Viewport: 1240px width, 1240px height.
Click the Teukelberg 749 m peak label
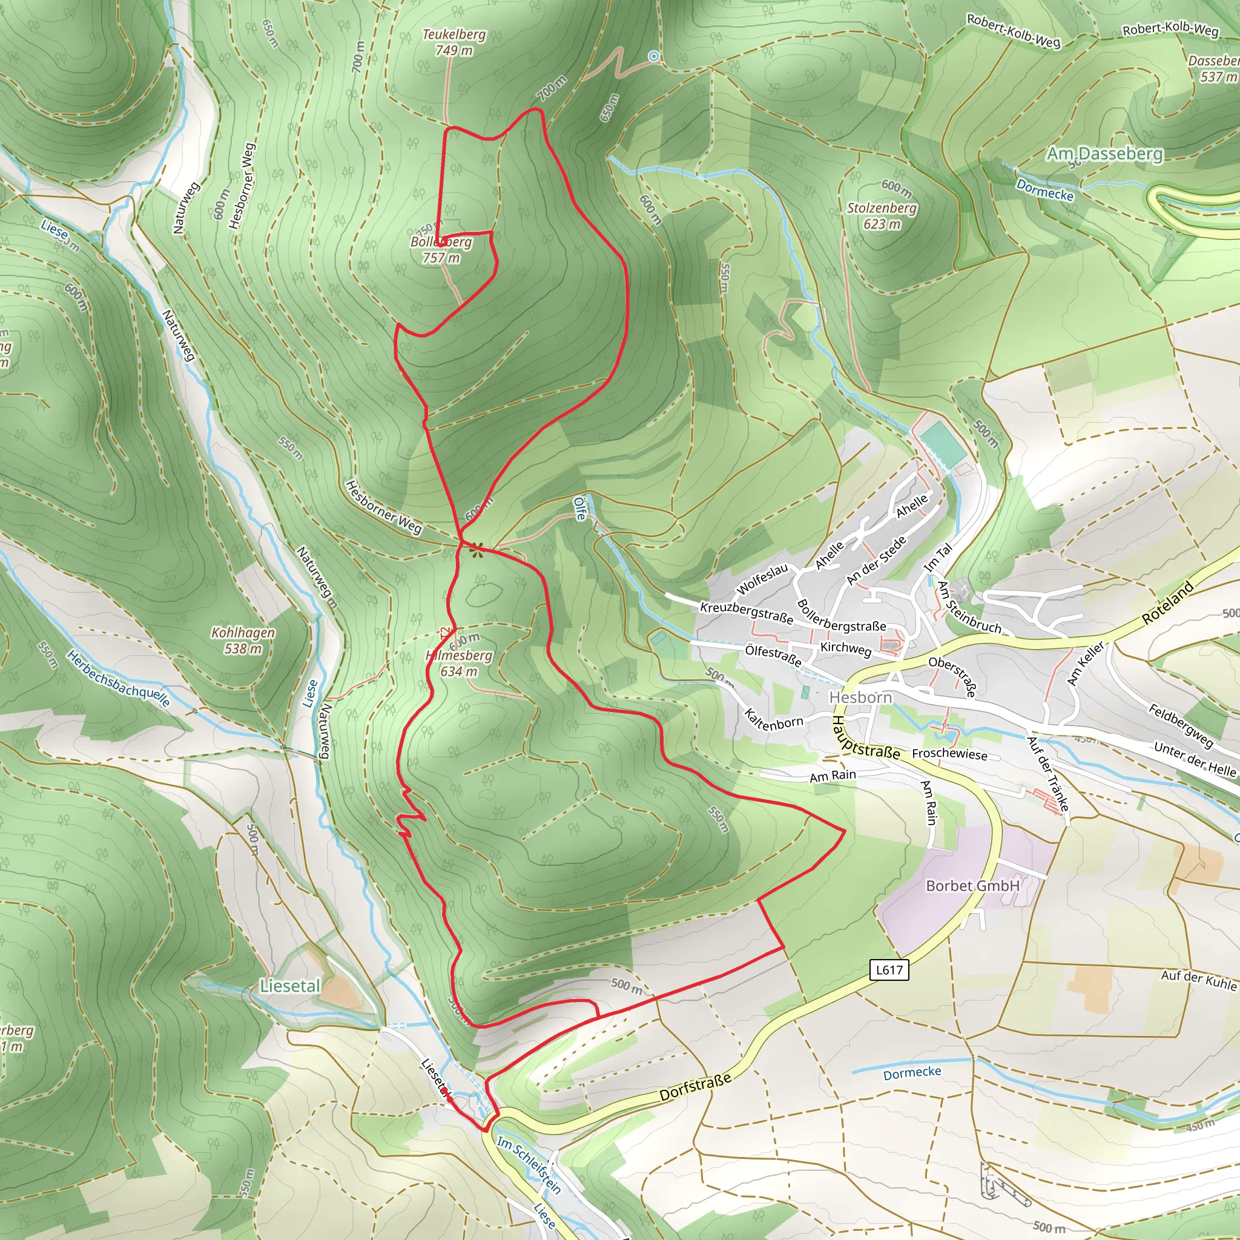click(453, 42)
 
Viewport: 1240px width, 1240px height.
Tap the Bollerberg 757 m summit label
click(441, 249)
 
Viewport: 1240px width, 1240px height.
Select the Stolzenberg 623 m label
click(882, 216)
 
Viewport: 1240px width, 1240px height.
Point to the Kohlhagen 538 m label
click(243, 640)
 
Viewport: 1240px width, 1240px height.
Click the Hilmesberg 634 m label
click(460, 663)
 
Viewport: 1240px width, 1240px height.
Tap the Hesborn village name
click(860, 697)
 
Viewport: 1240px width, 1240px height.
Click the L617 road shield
click(889, 969)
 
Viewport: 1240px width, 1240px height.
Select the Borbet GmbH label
click(972, 886)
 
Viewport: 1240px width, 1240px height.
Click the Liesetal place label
click(290, 986)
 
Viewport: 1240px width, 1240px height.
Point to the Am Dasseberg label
click(1104, 154)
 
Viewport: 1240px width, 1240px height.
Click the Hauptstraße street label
click(865, 738)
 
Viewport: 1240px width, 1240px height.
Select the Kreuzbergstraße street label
click(747, 612)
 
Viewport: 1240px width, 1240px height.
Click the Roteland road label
click(1167, 603)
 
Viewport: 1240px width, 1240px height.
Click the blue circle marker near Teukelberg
click(653, 56)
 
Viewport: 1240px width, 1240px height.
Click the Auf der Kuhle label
click(1198, 980)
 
